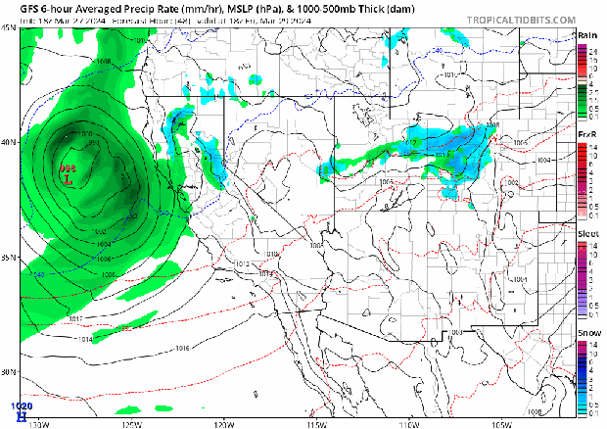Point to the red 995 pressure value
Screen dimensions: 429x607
(x=67, y=168)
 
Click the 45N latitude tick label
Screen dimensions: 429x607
(x=9, y=27)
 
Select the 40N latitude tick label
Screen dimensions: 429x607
(x=9, y=142)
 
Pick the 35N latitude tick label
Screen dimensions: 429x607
(x=9, y=258)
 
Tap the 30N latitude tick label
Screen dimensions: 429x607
(x=9, y=372)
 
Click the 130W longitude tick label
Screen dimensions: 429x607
(x=39, y=424)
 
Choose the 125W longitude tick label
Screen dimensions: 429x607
(x=132, y=424)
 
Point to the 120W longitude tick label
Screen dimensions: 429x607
(x=224, y=424)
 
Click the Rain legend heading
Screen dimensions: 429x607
(x=587, y=35)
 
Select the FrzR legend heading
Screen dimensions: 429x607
(x=587, y=135)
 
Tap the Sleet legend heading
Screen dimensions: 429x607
(x=587, y=234)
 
